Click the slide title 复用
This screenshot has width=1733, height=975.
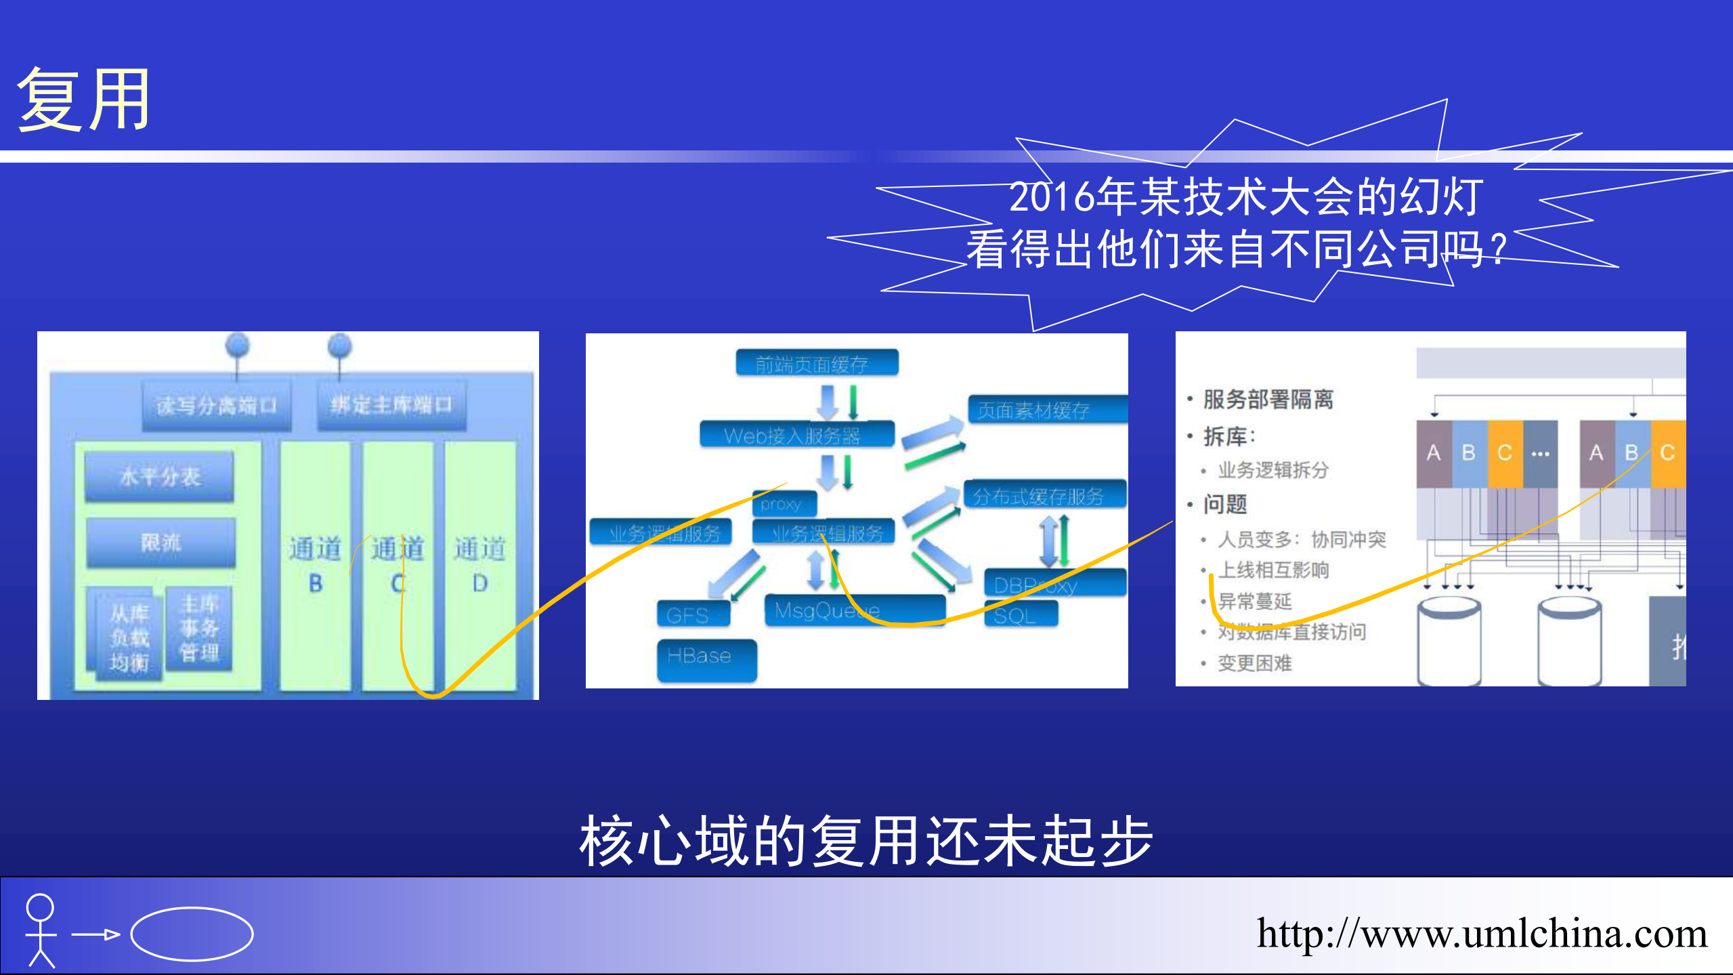83,100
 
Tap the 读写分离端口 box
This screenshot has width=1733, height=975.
216,406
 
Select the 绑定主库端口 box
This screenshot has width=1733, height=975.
391,405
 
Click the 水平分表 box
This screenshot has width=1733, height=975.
160,476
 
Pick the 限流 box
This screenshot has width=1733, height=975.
161,542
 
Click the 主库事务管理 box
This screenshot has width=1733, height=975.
199,628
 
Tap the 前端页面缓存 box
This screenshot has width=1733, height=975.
817,363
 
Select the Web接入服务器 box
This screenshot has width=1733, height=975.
796,435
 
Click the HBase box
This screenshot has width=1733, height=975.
706,657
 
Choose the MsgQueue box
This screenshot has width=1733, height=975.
853,610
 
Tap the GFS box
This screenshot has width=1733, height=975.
692,615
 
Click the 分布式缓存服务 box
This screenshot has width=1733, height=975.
1044,495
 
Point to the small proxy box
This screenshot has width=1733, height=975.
784,503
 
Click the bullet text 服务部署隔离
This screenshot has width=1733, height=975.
1268,399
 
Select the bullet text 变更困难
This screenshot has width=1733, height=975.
1254,663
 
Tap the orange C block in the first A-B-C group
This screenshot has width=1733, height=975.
1505,453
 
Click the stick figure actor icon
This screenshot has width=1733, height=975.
40,930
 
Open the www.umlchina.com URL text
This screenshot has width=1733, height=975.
1482,934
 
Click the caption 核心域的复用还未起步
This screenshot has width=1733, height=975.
865,841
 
